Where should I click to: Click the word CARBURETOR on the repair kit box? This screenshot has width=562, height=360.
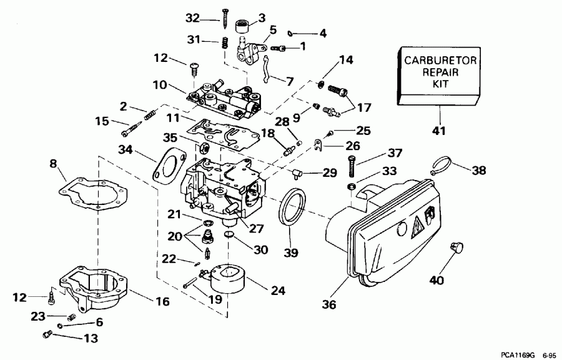439,61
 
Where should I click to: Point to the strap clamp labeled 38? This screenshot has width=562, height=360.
442,166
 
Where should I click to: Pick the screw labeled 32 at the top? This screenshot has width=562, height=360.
224,19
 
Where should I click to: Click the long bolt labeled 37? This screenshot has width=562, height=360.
351,168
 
